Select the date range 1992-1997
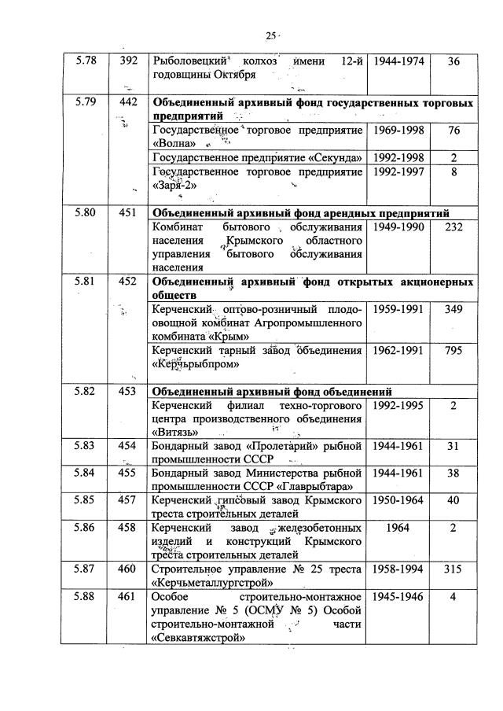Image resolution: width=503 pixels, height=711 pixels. pos(398,171)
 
